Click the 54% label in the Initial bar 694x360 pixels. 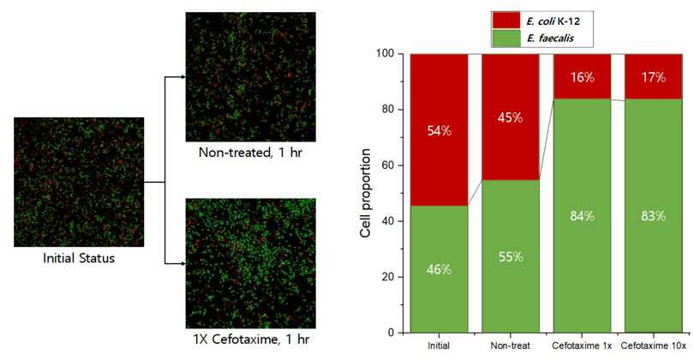(439, 131)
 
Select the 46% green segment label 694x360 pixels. (439, 270)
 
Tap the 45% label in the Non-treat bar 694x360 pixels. (511, 117)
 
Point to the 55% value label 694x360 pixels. (511, 257)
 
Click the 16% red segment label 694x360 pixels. (582, 77)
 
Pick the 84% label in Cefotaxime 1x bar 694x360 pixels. (582, 216)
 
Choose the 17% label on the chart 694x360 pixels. (653, 77)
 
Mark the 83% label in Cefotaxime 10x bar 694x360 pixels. (653, 216)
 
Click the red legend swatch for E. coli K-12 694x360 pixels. (506, 21)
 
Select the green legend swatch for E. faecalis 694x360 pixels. (506, 38)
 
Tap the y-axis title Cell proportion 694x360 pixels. (366, 193)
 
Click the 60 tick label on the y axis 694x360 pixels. (388, 165)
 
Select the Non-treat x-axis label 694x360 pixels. (511, 345)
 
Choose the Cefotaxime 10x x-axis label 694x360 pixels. (653, 345)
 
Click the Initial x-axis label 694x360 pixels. (439, 345)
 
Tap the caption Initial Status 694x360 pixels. (79, 258)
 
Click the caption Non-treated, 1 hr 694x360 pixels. (250, 153)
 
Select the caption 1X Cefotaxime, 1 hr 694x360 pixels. (251, 339)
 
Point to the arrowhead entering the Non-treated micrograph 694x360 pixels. (182, 77)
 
